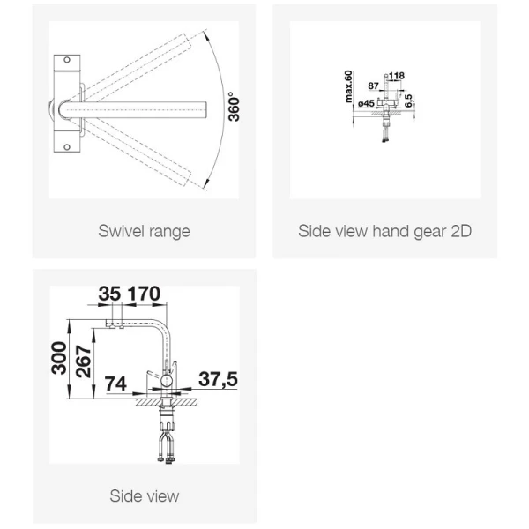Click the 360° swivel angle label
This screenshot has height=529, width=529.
(234, 107)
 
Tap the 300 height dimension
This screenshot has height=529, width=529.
(59, 358)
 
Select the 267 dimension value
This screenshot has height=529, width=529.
(84, 361)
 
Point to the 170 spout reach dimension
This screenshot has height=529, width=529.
(144, 294)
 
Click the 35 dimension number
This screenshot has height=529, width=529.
(109, 294)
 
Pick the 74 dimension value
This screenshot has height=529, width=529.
(115, 384)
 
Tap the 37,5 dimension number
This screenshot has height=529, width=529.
(218, 379)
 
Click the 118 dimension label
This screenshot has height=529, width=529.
(397, 76)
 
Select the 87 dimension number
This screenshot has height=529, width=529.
(373, 86)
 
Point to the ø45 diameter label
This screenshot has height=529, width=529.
(366, 103)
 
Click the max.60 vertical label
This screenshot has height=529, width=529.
(348, 86)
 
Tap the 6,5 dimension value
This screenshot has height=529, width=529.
(408, 101)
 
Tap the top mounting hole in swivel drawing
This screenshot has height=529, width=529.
(67, 60)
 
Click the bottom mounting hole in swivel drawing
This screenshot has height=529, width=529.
(67, 147)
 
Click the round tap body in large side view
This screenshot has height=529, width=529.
(166, 381)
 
